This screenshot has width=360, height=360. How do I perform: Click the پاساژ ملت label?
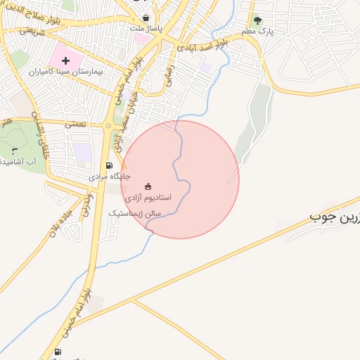146,29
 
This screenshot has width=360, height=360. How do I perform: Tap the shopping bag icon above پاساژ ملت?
146,18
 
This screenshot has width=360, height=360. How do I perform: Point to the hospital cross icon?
66,61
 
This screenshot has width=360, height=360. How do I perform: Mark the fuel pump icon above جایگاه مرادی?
108,166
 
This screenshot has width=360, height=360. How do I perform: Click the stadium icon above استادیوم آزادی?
148,186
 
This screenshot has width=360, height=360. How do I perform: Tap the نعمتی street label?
75,124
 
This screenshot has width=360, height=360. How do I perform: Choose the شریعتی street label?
32,32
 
